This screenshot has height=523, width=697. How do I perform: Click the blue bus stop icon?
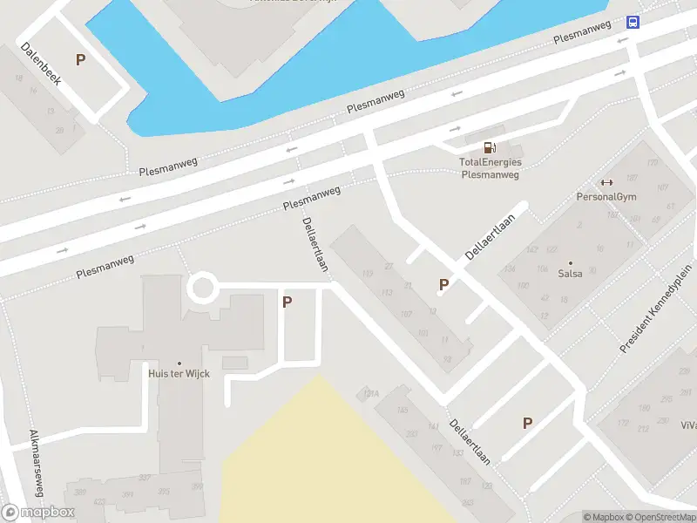pos(633,23)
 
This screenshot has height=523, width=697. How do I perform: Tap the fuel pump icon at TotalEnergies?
pos(491,147)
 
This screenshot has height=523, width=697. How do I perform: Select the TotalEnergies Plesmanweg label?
pos(490,168)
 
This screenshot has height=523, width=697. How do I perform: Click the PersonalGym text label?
pos(606,196)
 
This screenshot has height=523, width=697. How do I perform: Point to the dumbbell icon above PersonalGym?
pos(606,182)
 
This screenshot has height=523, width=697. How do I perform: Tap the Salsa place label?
pos(571,274)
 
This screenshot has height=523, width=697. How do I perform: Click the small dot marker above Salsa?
pos(571,262)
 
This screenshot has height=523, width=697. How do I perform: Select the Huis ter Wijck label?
pos(179,374)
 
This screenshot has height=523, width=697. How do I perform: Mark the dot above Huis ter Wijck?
pos(179,363)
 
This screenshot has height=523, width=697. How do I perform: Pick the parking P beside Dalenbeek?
pos(81,60)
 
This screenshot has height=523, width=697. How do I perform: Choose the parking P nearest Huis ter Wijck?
pos(287,302)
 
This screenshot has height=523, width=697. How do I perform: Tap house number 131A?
pos(371,394)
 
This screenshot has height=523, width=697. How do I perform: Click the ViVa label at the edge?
pos(688,425)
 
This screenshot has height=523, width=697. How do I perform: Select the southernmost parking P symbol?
pos(526,423)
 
